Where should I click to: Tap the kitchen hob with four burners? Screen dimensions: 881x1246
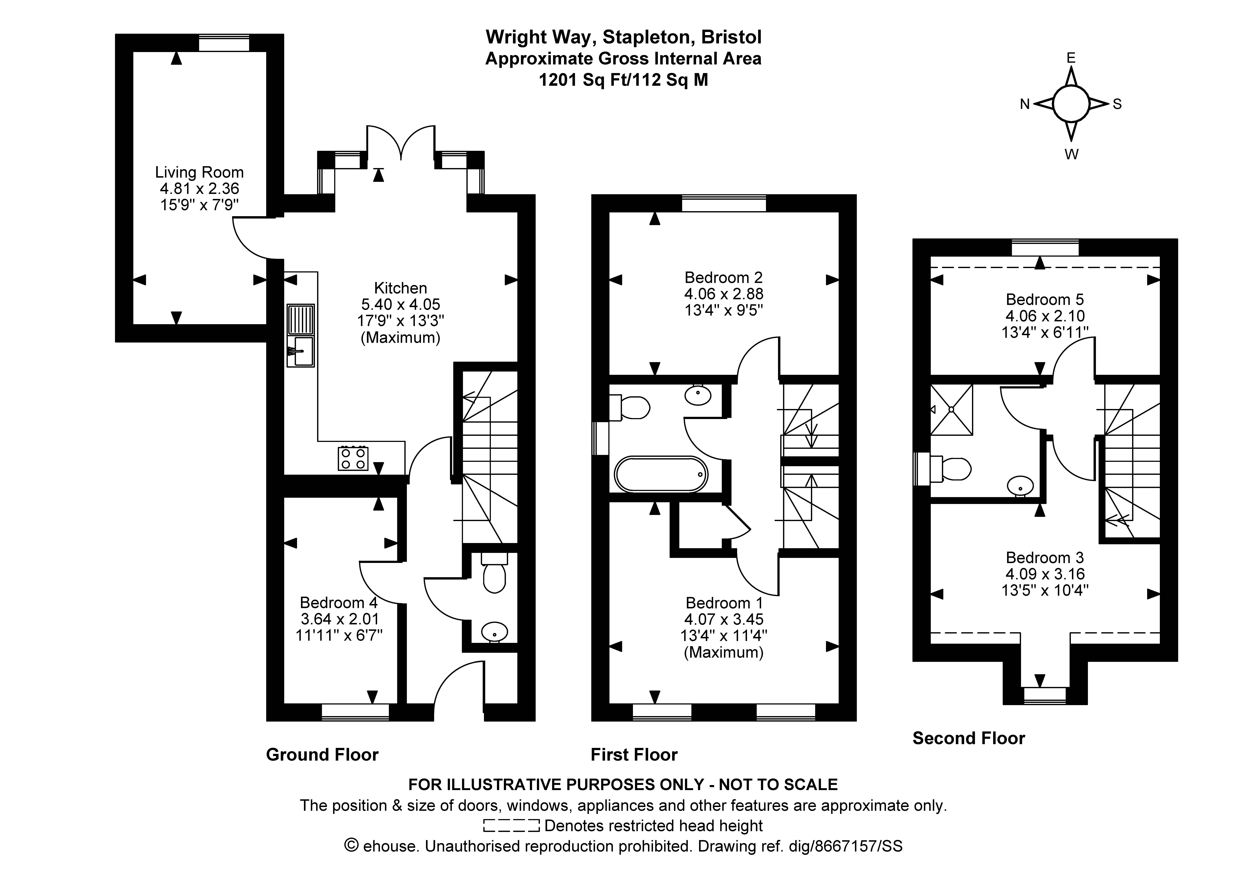pos(353,458)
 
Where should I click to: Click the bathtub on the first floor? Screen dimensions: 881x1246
pos(661,474)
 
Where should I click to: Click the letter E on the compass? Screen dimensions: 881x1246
pos(1071,58)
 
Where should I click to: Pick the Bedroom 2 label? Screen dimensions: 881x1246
pos(723,278)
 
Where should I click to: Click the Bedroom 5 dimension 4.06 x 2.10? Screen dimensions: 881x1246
pos(1045,316)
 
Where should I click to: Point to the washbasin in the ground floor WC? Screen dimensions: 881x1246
pos(494,632)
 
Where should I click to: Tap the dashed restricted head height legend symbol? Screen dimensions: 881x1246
pos(511,826)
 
